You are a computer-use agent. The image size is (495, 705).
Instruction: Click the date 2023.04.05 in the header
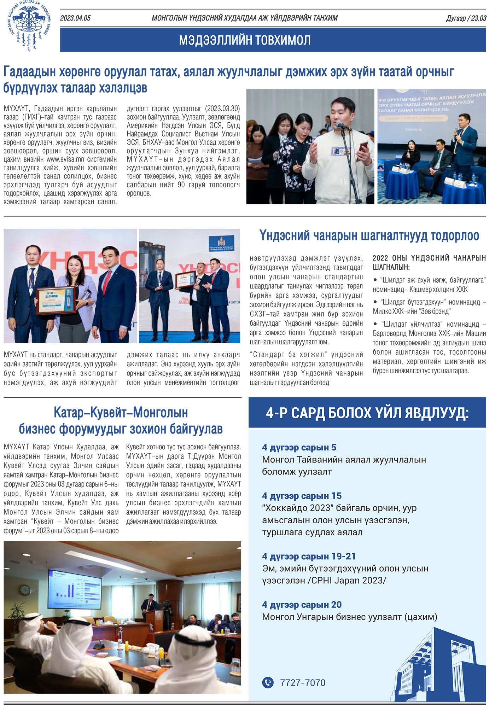pos(75,18)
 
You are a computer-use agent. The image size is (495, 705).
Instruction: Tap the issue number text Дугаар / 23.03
pos(466,18)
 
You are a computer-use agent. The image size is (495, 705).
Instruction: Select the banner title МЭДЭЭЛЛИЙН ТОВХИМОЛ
pos(245,40)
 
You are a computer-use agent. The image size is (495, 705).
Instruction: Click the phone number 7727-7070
pos(302,683)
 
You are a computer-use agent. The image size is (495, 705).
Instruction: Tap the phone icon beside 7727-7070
pos(268,682)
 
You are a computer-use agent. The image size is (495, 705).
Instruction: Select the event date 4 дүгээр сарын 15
pos(302,496)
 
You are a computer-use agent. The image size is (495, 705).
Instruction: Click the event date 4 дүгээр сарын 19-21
pos(309,556)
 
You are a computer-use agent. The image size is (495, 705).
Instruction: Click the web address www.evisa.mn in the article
pos(66,159)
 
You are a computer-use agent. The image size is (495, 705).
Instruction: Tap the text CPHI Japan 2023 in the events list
pos(349,581)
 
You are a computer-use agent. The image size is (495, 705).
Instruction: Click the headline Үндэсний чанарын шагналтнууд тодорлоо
pos(369,235)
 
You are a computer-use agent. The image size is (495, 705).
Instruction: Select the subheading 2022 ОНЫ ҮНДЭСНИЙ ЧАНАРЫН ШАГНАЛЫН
pos(429,262)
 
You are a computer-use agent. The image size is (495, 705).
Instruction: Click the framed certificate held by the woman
pos(56,300)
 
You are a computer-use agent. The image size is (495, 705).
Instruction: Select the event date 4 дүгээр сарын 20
pos(302,605)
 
